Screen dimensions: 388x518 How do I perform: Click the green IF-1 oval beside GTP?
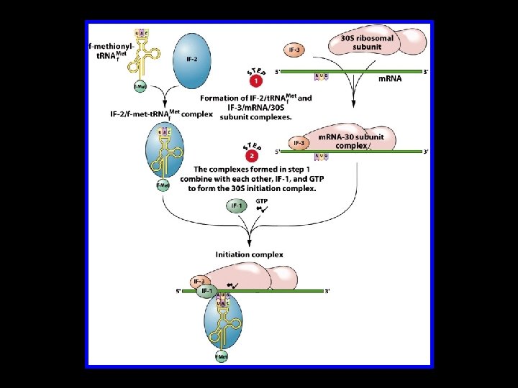tap(237, 207)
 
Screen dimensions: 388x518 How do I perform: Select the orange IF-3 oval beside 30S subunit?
tap(295, 50)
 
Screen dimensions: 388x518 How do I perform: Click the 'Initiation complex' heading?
tap(249, 254)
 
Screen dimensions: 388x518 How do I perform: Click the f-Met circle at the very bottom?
tap(221, 356)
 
